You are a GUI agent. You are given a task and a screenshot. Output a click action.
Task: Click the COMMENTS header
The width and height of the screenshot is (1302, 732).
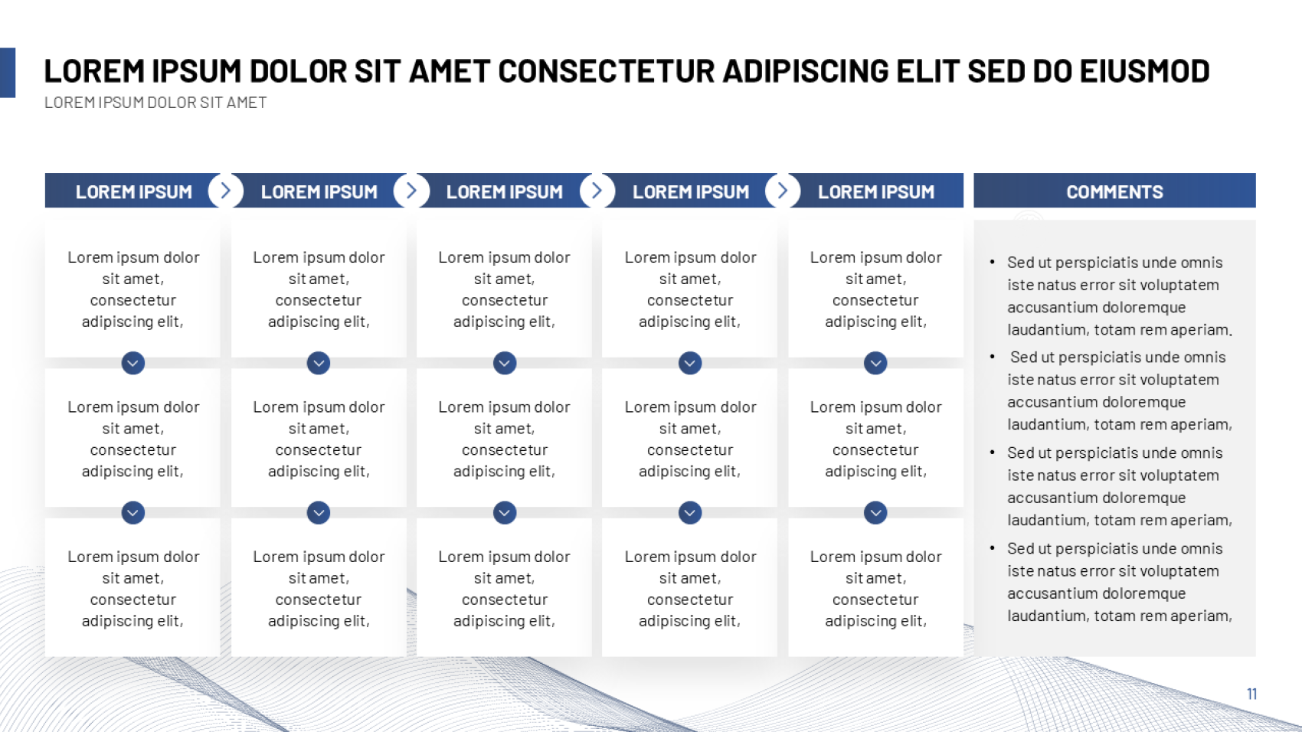tap(1114, 191)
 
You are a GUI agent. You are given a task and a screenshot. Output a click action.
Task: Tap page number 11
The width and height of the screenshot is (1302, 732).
tap(1251, 694)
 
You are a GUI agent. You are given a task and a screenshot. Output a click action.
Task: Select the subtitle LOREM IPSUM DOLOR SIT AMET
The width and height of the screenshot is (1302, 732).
tap(155, 103)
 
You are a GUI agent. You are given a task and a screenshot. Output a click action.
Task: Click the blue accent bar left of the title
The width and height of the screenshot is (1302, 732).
tap(8, 73)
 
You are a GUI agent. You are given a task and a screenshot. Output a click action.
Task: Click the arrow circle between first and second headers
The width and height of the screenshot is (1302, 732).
tap(225, 191)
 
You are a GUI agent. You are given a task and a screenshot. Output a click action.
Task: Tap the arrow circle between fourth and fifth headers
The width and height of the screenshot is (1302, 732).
tap(783, 191)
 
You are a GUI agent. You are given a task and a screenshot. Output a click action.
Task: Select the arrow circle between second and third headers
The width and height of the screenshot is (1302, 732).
tap(411, 191)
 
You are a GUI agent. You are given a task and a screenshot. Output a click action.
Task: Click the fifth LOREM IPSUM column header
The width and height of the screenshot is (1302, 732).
tap(876, 191)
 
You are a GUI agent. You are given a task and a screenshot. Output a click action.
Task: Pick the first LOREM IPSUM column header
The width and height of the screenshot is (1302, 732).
tap(134, 191)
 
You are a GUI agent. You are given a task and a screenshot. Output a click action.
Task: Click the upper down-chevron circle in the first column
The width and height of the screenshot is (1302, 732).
tap(133, 363)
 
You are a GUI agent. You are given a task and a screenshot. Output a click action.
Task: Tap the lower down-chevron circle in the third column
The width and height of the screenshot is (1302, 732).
tap(505, 513)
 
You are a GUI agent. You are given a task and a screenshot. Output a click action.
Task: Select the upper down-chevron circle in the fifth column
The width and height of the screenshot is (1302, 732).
tap(875, 363)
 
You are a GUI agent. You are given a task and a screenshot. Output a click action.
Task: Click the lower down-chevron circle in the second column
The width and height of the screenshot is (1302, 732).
tap(319, 513)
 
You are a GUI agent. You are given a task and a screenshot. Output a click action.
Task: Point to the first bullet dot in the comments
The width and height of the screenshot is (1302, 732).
tap(992, 262)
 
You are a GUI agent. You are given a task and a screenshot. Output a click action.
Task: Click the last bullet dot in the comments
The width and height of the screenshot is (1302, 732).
tap(992, 547)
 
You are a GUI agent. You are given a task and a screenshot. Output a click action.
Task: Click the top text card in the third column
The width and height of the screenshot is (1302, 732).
tap(505, 289)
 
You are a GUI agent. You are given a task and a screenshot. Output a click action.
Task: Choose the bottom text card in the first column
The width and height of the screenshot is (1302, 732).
tap(133, 587)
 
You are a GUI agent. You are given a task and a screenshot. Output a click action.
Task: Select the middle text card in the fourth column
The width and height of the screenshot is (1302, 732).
tap(690, 438)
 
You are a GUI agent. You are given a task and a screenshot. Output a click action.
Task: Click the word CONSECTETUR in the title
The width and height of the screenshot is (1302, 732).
tap(607, 71)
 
